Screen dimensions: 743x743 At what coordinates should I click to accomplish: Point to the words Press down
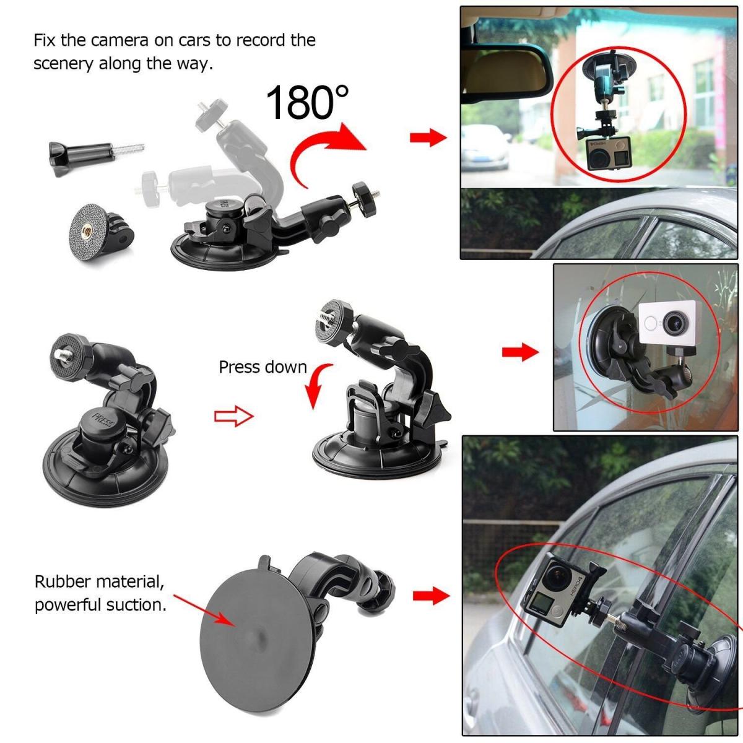pyautogui.click(x=263, y=367)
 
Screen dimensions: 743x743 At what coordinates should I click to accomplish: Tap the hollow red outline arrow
pyautogui.click(x=233, y=416)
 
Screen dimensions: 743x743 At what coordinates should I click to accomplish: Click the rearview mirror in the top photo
pyautogui.click(x=508, y=68)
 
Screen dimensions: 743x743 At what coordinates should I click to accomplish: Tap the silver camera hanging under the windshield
pyautogui.click(x=607, y=155)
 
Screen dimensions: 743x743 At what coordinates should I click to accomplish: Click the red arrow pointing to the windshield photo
pyautogui.click(x=428, y=137)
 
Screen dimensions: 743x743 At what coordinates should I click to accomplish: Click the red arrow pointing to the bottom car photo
pyautogui.click(x=430, y=596)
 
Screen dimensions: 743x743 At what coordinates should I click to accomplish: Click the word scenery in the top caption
pyautogui.click(x=64, y=64)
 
